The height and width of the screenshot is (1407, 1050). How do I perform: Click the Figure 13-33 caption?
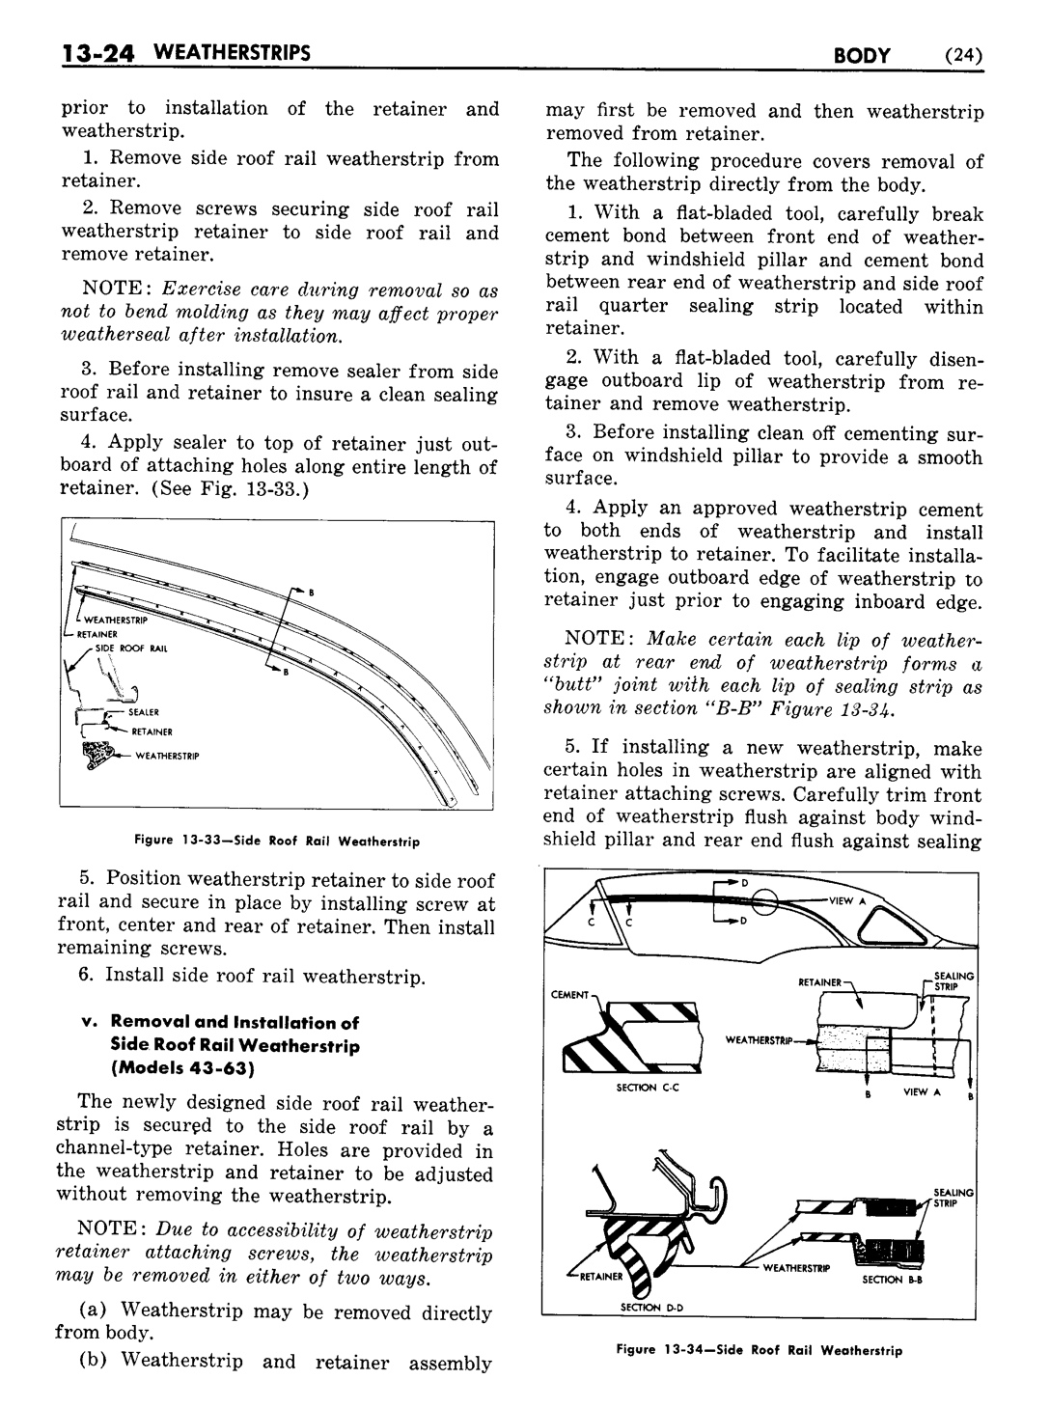[277, 841]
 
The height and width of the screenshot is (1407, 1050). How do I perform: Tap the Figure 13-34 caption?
[758, 1350]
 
